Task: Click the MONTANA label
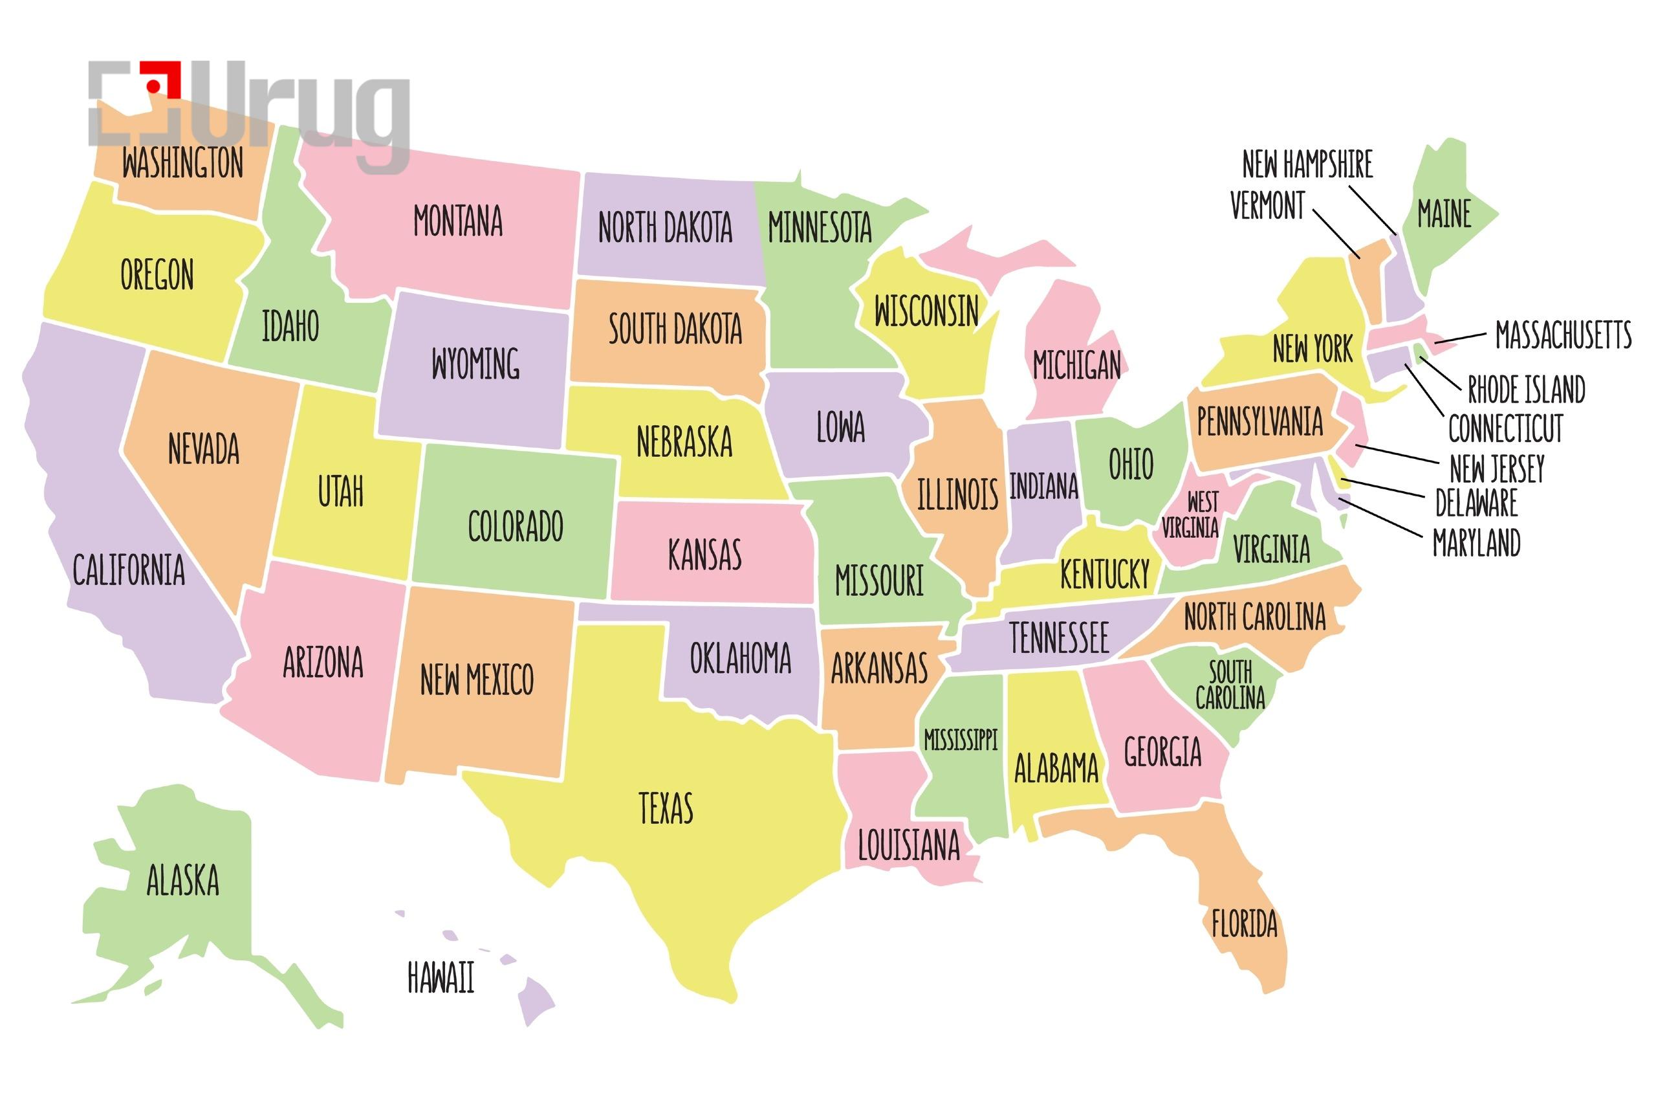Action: click(457, 221)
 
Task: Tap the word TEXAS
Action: click(665, 808)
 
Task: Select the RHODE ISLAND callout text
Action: click(1526, 389)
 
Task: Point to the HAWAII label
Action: click(441, 977)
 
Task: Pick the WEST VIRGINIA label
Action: click(1190, 514)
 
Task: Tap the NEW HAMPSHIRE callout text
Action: click(1307, 164)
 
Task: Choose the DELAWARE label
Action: click(1476, 503)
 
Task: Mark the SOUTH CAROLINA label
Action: click(1230, 685)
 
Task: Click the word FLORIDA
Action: click(1243, 923)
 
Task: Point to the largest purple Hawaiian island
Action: click(535, 1000)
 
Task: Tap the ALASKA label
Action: click(182, 880)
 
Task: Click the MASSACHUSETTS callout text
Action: click(1562, 335)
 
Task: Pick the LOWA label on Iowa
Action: click(840, 426)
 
